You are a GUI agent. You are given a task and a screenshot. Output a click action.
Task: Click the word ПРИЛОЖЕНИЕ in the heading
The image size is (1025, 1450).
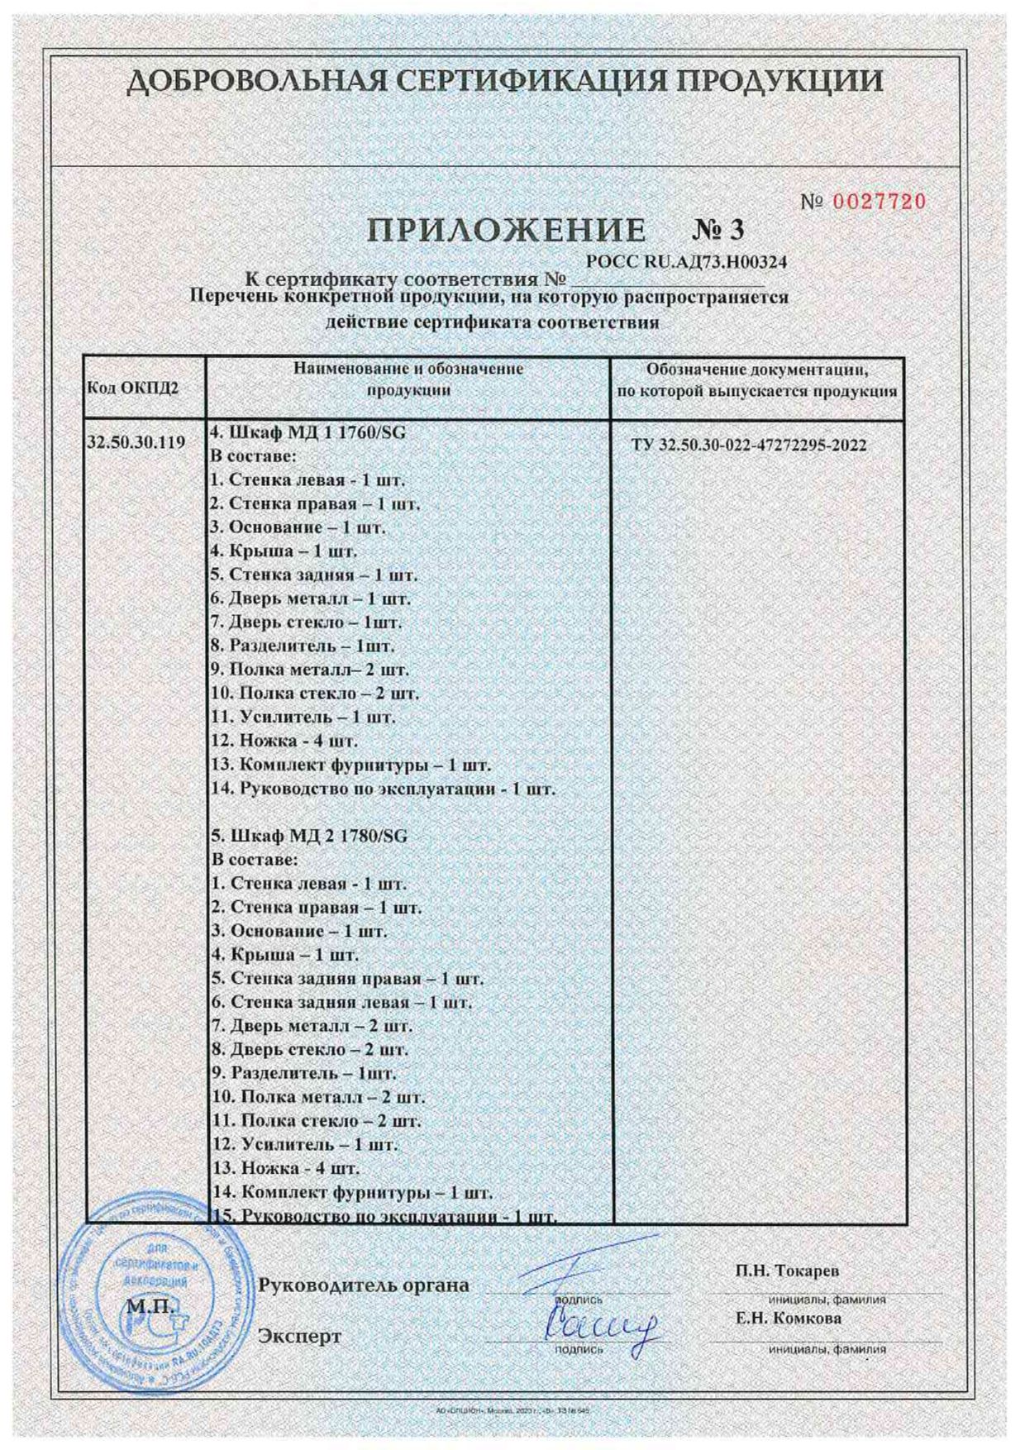point(506,231)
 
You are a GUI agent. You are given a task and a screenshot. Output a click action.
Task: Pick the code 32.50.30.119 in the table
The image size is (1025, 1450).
point(136,442)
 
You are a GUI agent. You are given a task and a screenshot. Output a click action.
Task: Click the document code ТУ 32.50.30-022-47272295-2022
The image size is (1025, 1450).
point(749,446)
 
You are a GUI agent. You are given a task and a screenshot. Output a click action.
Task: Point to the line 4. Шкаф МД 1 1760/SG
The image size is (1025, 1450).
point(309,432)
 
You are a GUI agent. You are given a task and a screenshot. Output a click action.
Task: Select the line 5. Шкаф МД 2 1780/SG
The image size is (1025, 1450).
point(310,836)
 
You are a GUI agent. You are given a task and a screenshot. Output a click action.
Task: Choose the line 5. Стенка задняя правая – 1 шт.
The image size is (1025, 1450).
point(347,979)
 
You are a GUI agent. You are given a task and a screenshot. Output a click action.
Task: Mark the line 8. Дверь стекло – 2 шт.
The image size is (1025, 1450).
point(310,1051)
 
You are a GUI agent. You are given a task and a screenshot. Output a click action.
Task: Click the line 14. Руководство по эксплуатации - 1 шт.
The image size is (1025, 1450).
point(383,789)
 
